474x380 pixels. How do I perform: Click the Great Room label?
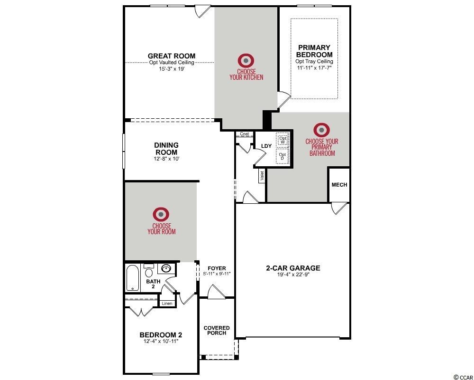pyautogui.click(x=172, y=56)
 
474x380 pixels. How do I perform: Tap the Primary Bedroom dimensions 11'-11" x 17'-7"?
pyautogui.click(x=314, y=67)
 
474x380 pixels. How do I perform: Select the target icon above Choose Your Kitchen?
pyautogui.click(x=246, y=61)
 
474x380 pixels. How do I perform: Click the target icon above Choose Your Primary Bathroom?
pyautogui.click(x=321, y=130)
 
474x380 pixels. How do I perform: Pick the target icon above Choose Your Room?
pyautogui.click(x=161, y=214)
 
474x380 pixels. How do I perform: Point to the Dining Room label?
pyautogui.click(x=166, y=149)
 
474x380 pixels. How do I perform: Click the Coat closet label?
pyautogui.click(x=244, y=134)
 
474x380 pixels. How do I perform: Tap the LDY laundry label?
pyautogui.click(x=266, y=146)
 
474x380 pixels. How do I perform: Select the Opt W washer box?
pyautogui.click(x=283, y=140)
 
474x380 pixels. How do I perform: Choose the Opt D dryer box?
pyautogui.click(x=283, y=156)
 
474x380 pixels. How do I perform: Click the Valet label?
pyautogui.click(x=262, y=176)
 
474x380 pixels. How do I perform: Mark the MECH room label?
pyautogui.click(x=339, y=185)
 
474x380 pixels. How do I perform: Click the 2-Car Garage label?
pyautogui.click(x=293, y=268)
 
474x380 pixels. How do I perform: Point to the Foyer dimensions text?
pyautogui.click(x=217, y=274)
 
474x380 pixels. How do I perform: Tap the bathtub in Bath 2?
pyautogui.click(x=132, y=278)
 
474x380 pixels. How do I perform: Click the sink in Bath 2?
pyautogui.click(x=166, y=268)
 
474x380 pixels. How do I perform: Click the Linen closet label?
pyautogui.click(x=167, y=304)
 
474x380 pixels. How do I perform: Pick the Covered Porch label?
pyautogui.click(x=217, y=330)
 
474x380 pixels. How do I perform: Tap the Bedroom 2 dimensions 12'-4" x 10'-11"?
pyautogui.click(x=161, y=341)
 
